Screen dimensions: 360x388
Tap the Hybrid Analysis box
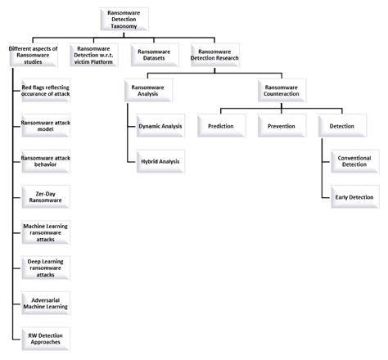pos(160,161)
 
